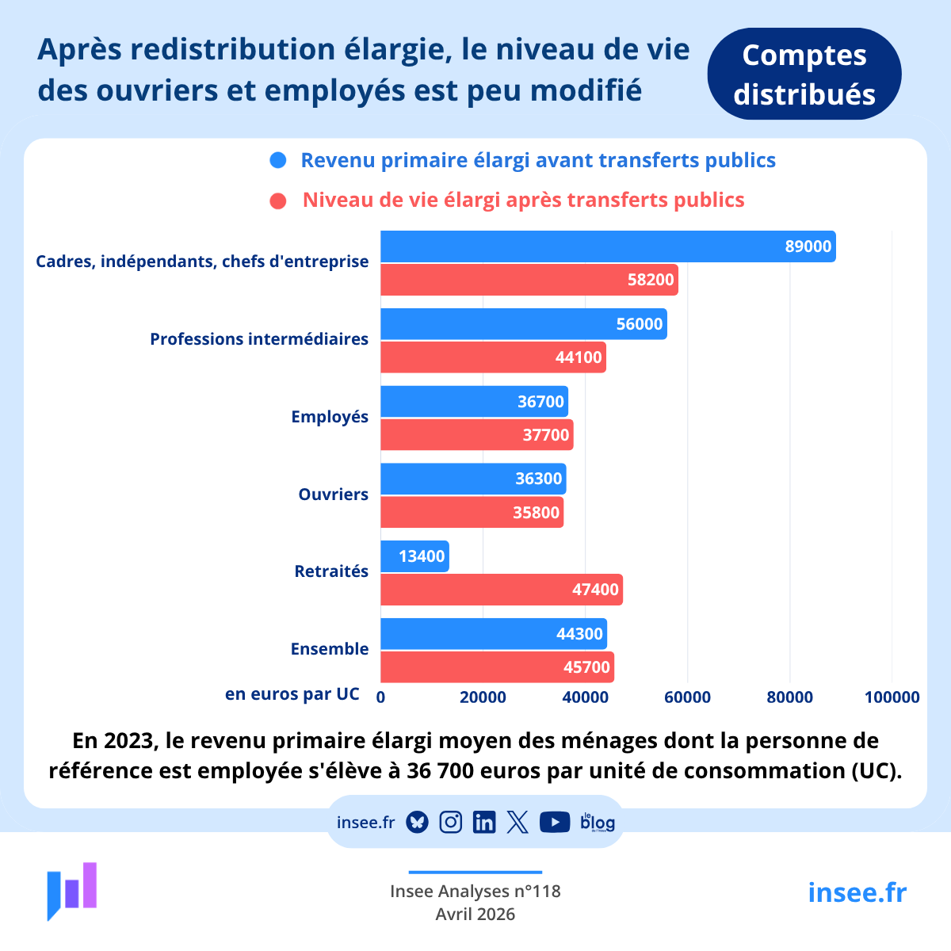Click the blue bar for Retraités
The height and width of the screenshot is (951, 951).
414,556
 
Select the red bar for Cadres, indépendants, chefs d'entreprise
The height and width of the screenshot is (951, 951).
529,280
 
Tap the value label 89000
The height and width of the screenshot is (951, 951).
808,246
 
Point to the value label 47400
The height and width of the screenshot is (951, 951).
595,590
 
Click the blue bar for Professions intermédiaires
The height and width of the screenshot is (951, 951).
523,324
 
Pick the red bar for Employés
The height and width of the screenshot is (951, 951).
476,435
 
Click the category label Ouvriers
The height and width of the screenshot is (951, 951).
333,495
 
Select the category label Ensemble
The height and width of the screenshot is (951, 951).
330,649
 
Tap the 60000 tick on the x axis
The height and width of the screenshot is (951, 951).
687,697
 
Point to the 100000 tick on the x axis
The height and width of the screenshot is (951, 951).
892,697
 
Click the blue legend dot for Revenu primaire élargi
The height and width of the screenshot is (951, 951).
278,161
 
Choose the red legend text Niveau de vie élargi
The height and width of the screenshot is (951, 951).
523,200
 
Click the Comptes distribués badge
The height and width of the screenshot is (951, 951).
804,74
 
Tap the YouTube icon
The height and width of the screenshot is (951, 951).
555,823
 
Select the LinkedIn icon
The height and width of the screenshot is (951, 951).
483,823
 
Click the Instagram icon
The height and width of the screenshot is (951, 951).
450,823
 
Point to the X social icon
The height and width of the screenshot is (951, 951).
518,823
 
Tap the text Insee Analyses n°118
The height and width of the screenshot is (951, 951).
475,892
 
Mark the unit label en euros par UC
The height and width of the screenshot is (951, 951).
292,694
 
